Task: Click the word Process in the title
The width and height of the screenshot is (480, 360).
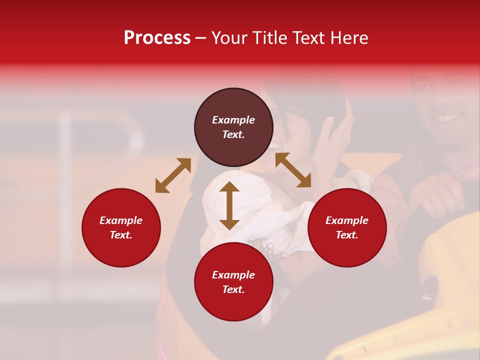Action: (x=157, y=38)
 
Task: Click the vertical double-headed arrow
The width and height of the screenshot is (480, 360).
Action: (x=229, y=205)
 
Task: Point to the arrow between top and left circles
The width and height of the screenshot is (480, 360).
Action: (x=173, y=175)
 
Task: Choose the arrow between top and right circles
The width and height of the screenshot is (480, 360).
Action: (x=293, y=170)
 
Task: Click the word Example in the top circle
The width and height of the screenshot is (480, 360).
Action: (x=233, y=120)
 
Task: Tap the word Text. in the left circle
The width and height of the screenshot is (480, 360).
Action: (x=121, y=235)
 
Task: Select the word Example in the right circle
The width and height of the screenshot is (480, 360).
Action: (x=347, y=220)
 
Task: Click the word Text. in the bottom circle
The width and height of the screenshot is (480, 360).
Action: (x=233, y=289)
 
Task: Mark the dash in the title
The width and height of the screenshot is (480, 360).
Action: (x=201, y=38)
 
